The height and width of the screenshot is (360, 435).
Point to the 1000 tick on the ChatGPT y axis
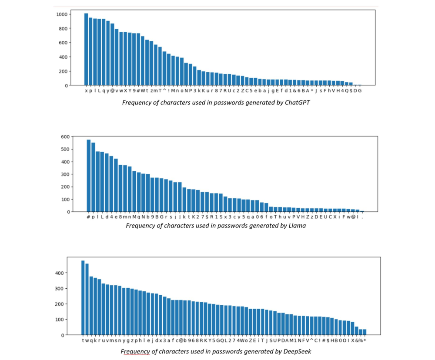pos(63,14)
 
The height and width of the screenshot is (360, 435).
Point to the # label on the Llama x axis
pos(88,217)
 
